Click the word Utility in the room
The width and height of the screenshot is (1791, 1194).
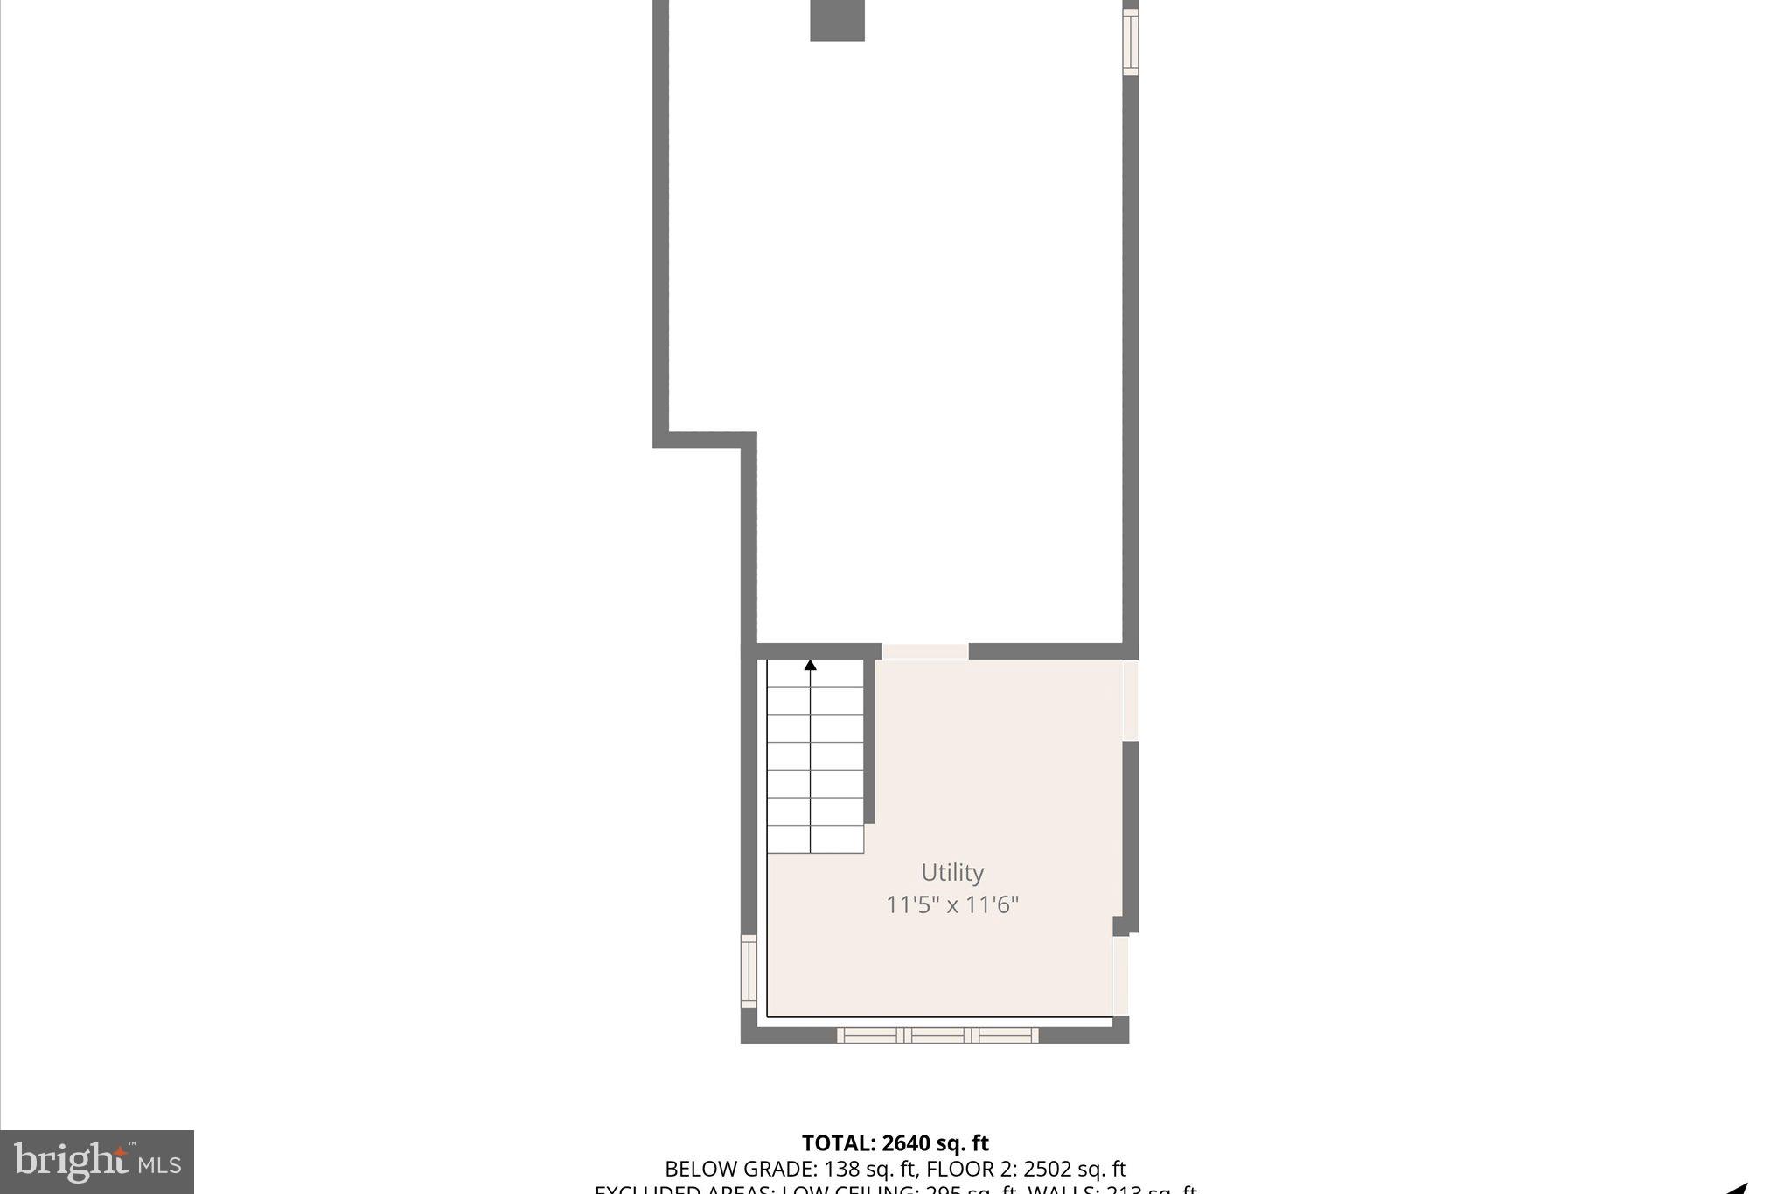pos(952,873)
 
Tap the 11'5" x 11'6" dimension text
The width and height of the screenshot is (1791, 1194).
pos(952,904)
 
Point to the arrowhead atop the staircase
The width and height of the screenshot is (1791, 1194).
pos(811,666)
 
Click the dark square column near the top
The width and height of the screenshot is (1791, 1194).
pos(837,20)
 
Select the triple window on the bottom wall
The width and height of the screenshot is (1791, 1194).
pos(937,1035)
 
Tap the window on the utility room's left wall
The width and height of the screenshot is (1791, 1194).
pos(749,971)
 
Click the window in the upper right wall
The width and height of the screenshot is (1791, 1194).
pos(1131,42)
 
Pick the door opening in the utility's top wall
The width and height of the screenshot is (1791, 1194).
pos(925,651)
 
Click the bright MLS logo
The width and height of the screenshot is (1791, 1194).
pos(97,1162)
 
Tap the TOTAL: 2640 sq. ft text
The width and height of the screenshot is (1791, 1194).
pos(895,1143)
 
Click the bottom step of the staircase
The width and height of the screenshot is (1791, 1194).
pos(815,840)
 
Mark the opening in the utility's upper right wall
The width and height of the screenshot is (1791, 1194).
pos(1131,700)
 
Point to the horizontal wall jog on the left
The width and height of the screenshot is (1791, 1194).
pos(704,440)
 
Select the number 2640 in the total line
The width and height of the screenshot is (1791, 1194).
pos(910,1143)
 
